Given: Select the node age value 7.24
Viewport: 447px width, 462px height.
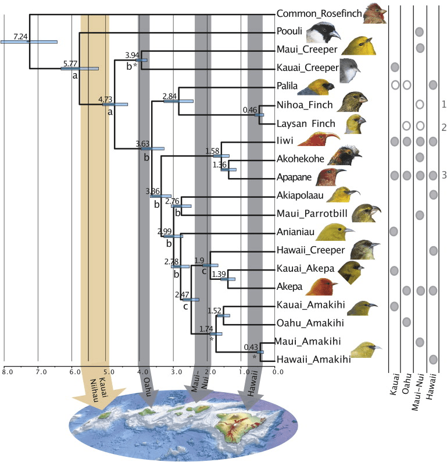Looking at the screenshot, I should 21,36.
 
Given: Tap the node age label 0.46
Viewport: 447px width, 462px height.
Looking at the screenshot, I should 250,109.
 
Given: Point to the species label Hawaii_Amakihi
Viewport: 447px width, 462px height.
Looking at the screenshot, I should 314,360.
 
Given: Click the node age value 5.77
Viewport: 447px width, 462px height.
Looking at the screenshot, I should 70,63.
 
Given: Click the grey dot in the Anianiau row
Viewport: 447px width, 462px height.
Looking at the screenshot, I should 394,231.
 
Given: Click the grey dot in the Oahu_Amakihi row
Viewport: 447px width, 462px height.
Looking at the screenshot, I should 406,322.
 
